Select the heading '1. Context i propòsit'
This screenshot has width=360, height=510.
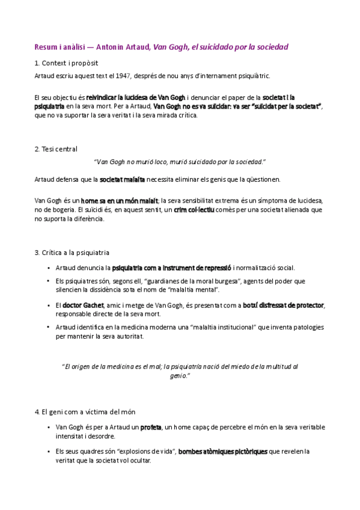[67, 63]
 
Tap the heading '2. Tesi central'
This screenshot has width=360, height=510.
[56, 149]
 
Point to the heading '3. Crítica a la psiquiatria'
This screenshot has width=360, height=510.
[72, 253]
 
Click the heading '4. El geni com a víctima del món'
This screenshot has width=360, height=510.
[85, 412]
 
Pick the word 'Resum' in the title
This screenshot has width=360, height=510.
[46, 46]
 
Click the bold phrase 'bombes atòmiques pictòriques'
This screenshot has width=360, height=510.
[223, 452]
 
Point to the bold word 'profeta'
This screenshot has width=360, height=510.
[151, 428]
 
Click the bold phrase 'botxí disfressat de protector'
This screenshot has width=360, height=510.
[283, 306]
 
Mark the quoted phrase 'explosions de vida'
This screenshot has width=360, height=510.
[147, 452]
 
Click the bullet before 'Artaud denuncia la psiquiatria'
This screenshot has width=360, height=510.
[48, 268]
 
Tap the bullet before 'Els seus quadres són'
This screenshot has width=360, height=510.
[48, 452]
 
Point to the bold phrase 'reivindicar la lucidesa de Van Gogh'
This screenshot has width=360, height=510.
[136, 97]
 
